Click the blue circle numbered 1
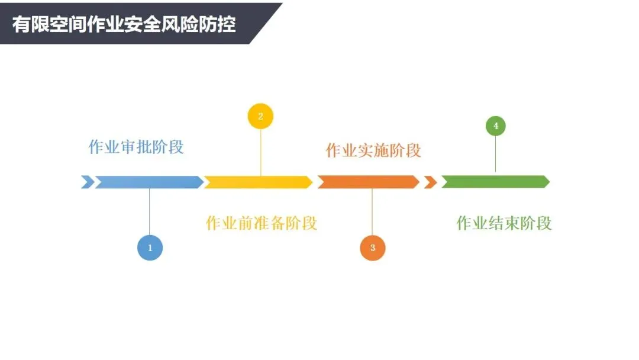pyautogui.click(x=150, y=247)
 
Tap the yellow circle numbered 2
pyautogui.click(x=260, y=116)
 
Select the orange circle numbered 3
pyautogui.click(x=373, y=247)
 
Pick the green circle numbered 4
pyautogui.click(x=496, y=126)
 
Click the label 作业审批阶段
pyautogui.click(x=136, y=147)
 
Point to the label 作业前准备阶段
pyautogui.click(x=261, y=223)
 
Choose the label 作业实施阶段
pyautogui.click(x=373, y=150)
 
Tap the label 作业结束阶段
pyautogui.click(x=504, y=223)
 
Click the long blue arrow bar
pyautogui.click(x=149, y=182)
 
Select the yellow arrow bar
pyautogui.click(x=258, y=182)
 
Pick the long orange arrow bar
pyautogui.click(x=368, y=182)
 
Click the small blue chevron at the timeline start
pyautogui.click(x=87, y=182)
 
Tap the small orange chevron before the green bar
pyautogui.click(x=430, y=182)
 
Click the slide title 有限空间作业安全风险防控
pyautogui.click(x=124, y=25)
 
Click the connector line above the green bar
pyautogui.click(x=496, y=154)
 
